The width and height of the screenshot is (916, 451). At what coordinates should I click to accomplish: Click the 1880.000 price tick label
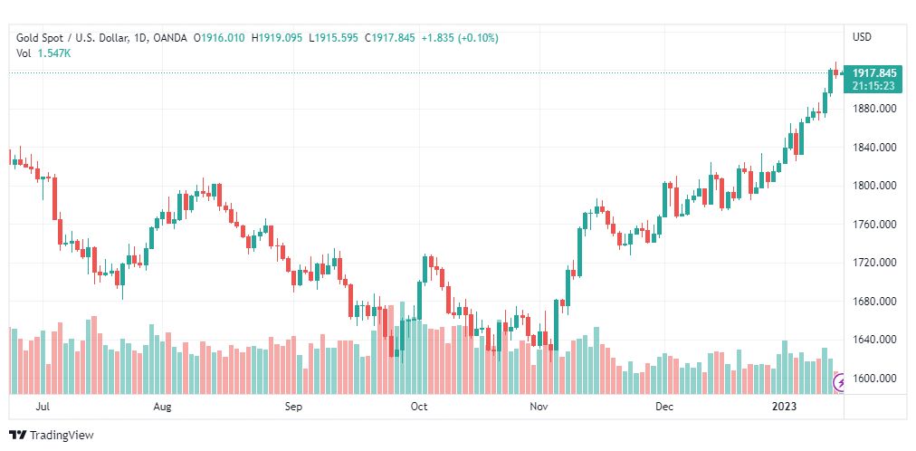tap(873, 109)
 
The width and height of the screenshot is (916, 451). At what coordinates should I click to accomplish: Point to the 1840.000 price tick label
tap(873, 148)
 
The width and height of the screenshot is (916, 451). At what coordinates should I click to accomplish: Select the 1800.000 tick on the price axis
tap(873, 186)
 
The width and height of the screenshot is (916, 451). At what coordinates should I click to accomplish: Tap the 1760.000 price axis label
tap(873, 225)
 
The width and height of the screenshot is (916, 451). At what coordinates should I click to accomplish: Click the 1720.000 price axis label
tap(873, 263)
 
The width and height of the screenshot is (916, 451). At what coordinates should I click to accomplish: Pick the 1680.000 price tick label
tap(873, 302)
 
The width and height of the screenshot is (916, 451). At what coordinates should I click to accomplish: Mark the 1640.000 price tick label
tap(873, 340)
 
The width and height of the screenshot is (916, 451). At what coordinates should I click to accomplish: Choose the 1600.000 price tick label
tap(873, 379)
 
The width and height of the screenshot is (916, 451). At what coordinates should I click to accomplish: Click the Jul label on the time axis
tap(42, 407)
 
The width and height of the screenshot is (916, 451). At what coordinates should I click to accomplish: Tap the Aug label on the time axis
tap(162, 407)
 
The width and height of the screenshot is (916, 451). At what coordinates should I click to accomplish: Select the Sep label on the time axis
tap(293, 407)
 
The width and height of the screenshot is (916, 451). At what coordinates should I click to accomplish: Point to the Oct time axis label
tap(418, 407)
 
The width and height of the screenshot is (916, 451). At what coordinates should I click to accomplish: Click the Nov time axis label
tap(539, 407)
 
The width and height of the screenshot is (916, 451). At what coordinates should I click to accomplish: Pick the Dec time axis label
tap(665, 407)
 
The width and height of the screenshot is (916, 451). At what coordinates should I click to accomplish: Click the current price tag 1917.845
tap(873, 73)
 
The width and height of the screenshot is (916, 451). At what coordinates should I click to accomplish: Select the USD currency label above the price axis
tap(862, 37)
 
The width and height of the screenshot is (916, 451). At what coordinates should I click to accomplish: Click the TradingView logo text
tap(62, 436)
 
